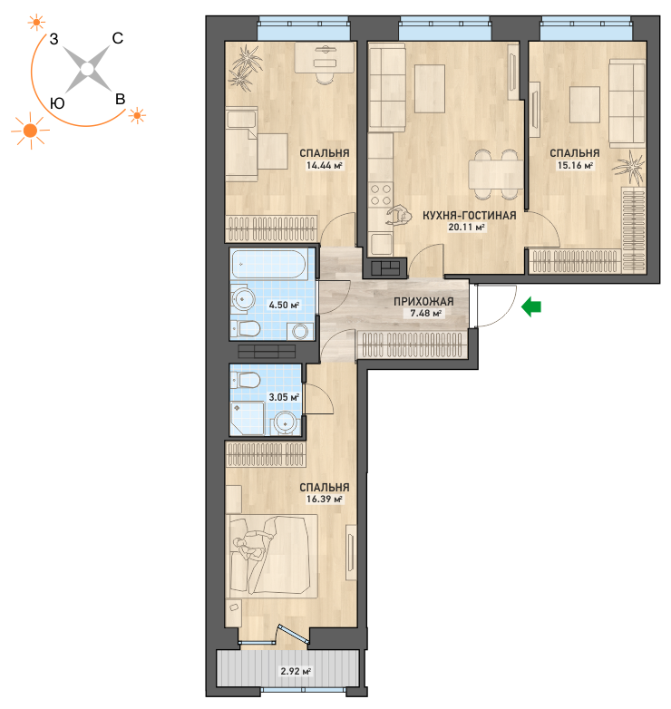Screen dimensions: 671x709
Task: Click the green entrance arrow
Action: tap(531, 307)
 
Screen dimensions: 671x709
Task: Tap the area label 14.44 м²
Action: tap(325, 166)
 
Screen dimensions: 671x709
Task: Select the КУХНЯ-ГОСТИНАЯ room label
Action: tap(470, 215)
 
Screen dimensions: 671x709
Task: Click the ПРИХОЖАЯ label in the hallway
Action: tap(423, 301)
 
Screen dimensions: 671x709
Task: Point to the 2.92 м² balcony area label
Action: tap(296, 671)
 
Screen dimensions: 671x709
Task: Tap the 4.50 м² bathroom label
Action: tap(284, 305)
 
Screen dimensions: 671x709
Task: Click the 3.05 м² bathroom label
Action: tap(284, 397)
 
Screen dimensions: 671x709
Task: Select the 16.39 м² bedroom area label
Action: tap(325, 500)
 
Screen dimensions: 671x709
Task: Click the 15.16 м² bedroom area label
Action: tap(575, 166)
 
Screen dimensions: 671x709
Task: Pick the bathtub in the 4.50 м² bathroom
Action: tap(270, 264)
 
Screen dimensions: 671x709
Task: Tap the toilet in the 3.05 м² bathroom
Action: tap(245, 380)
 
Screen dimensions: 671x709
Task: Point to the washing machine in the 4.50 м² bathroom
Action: tap(300, 332)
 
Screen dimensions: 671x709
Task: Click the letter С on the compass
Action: tap(118, 38)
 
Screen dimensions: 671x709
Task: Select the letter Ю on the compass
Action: tap(57, 103)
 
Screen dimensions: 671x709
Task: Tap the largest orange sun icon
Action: tap(30, 131)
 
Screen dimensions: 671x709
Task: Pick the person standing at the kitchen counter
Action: tap(399, 215)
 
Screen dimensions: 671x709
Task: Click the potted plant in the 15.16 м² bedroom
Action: tap(629, 168)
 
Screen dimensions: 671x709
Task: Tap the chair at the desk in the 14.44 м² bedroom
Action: tap(325, 78)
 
